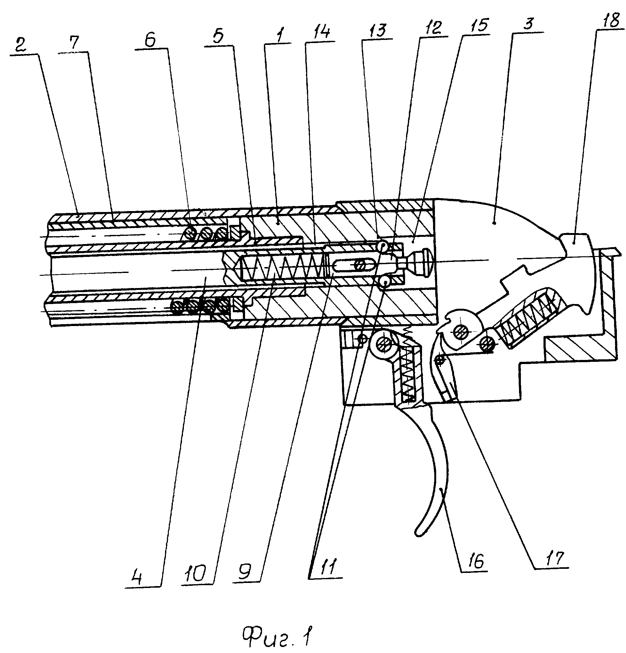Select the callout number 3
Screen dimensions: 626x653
point(528,23)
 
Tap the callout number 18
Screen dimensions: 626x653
point(610,20)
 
